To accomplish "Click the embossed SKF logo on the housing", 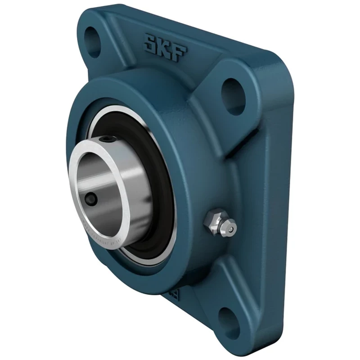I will [x=165, y=48].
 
